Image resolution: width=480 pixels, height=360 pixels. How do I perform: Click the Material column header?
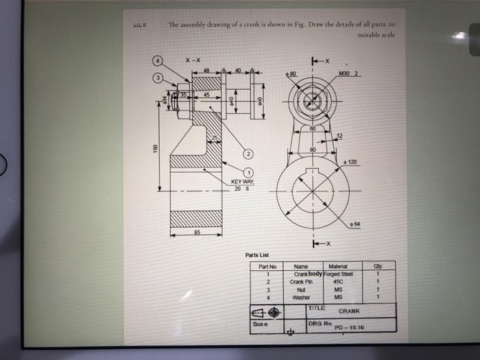click(x=339, y=267)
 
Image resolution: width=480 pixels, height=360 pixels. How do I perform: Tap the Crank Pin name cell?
click(x=301, y=282)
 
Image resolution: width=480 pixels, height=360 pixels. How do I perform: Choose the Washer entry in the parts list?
click(x=301, y=297)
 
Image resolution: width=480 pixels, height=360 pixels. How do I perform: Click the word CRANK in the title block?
click(x=350, y=310)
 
